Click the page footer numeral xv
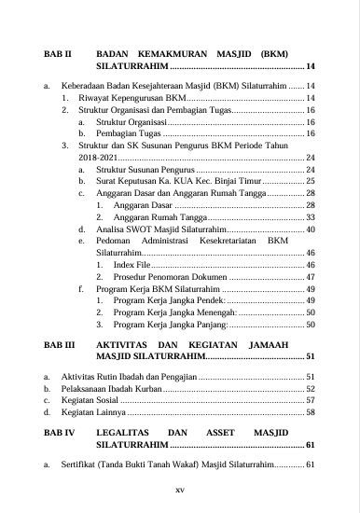pos(180,489)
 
